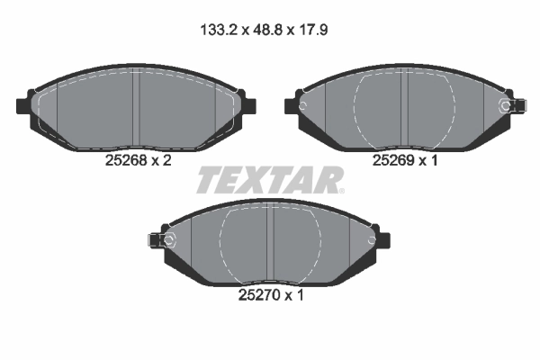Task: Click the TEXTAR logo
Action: tap(268, 179)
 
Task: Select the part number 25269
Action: tap(392, 161)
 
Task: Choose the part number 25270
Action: tap(258, 292)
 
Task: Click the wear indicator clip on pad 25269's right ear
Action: tap(513, 106)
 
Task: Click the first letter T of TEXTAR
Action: tap(208, 180)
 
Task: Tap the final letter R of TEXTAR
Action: tap(327, 180)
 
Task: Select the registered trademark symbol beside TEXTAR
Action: tap(342, 190)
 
